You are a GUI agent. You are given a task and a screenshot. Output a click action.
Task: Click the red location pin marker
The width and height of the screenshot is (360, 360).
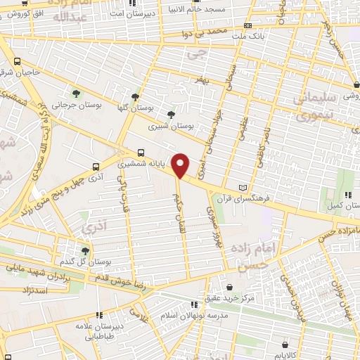click(181, 165)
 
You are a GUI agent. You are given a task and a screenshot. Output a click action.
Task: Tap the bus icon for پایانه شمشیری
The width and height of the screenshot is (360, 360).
click(141, 153)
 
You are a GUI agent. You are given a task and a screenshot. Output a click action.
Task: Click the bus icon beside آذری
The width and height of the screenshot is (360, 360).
click(95, 167)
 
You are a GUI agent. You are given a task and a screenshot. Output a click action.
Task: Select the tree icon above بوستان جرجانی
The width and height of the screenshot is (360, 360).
click(75, 93)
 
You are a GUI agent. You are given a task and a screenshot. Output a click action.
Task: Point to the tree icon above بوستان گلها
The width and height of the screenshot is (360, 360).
click(135, 97)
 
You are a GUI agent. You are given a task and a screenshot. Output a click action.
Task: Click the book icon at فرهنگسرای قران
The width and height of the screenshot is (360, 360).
click(243, 188)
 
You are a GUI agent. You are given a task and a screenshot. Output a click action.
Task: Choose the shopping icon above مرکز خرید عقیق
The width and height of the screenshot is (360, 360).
click(230, 287)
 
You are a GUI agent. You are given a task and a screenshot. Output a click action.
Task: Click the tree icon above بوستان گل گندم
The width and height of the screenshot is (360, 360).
click(85, 251)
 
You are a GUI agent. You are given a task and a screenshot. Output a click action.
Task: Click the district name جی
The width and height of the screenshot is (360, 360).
click(202, 52)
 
